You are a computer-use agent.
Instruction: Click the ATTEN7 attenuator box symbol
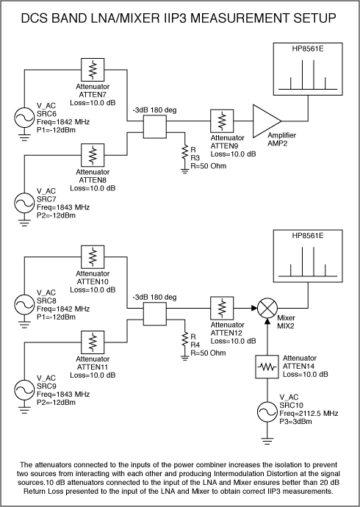coord(93,70)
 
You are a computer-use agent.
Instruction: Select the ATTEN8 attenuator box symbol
coord(93,155)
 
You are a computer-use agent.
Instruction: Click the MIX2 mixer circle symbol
coord(267,308)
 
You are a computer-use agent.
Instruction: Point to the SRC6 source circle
coord(24,118)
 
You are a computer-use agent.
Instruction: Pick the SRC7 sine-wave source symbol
coord(24,204)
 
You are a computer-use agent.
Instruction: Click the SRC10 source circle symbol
coord(267,412)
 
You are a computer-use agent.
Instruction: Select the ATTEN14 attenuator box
coord(267,367)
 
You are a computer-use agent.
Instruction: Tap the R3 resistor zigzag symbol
coord(184,152)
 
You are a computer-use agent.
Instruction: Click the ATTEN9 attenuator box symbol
coord(222,121)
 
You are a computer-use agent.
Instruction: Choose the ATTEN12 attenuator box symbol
coord(222,308)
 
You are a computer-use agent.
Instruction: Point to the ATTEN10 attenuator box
coord(93,256)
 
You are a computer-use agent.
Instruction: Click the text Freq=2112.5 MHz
coord(309,413)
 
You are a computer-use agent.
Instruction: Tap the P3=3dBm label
coord(295,421)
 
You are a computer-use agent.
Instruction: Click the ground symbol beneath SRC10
coord(267,441)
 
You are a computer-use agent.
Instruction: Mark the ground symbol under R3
coord(184,171)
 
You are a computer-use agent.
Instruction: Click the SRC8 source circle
coord(24,305)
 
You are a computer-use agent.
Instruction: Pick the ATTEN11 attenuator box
coord(93,342)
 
